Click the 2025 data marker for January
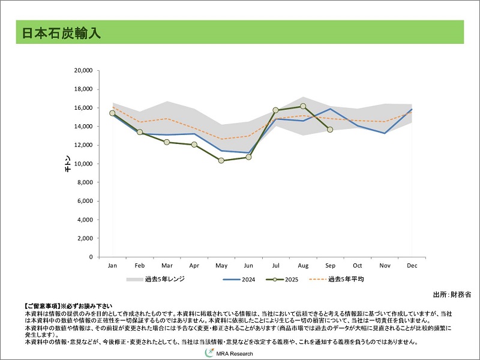tap(112, 113)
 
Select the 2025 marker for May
tap(221, 161)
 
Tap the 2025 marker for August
tap(303, 106)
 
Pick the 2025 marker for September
tap(330, 130)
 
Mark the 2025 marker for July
tap(276, 110)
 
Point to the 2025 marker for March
tap(167, 142)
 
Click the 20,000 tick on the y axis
tap(82, 71)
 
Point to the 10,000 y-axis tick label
tap(82, 164)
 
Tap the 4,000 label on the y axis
tap(83, 220)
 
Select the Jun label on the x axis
tap(248, 265)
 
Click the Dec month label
tap(412, 265)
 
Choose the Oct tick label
tap(358, 265)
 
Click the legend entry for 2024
tap(240, 280)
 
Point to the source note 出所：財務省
tap(451, 295)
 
